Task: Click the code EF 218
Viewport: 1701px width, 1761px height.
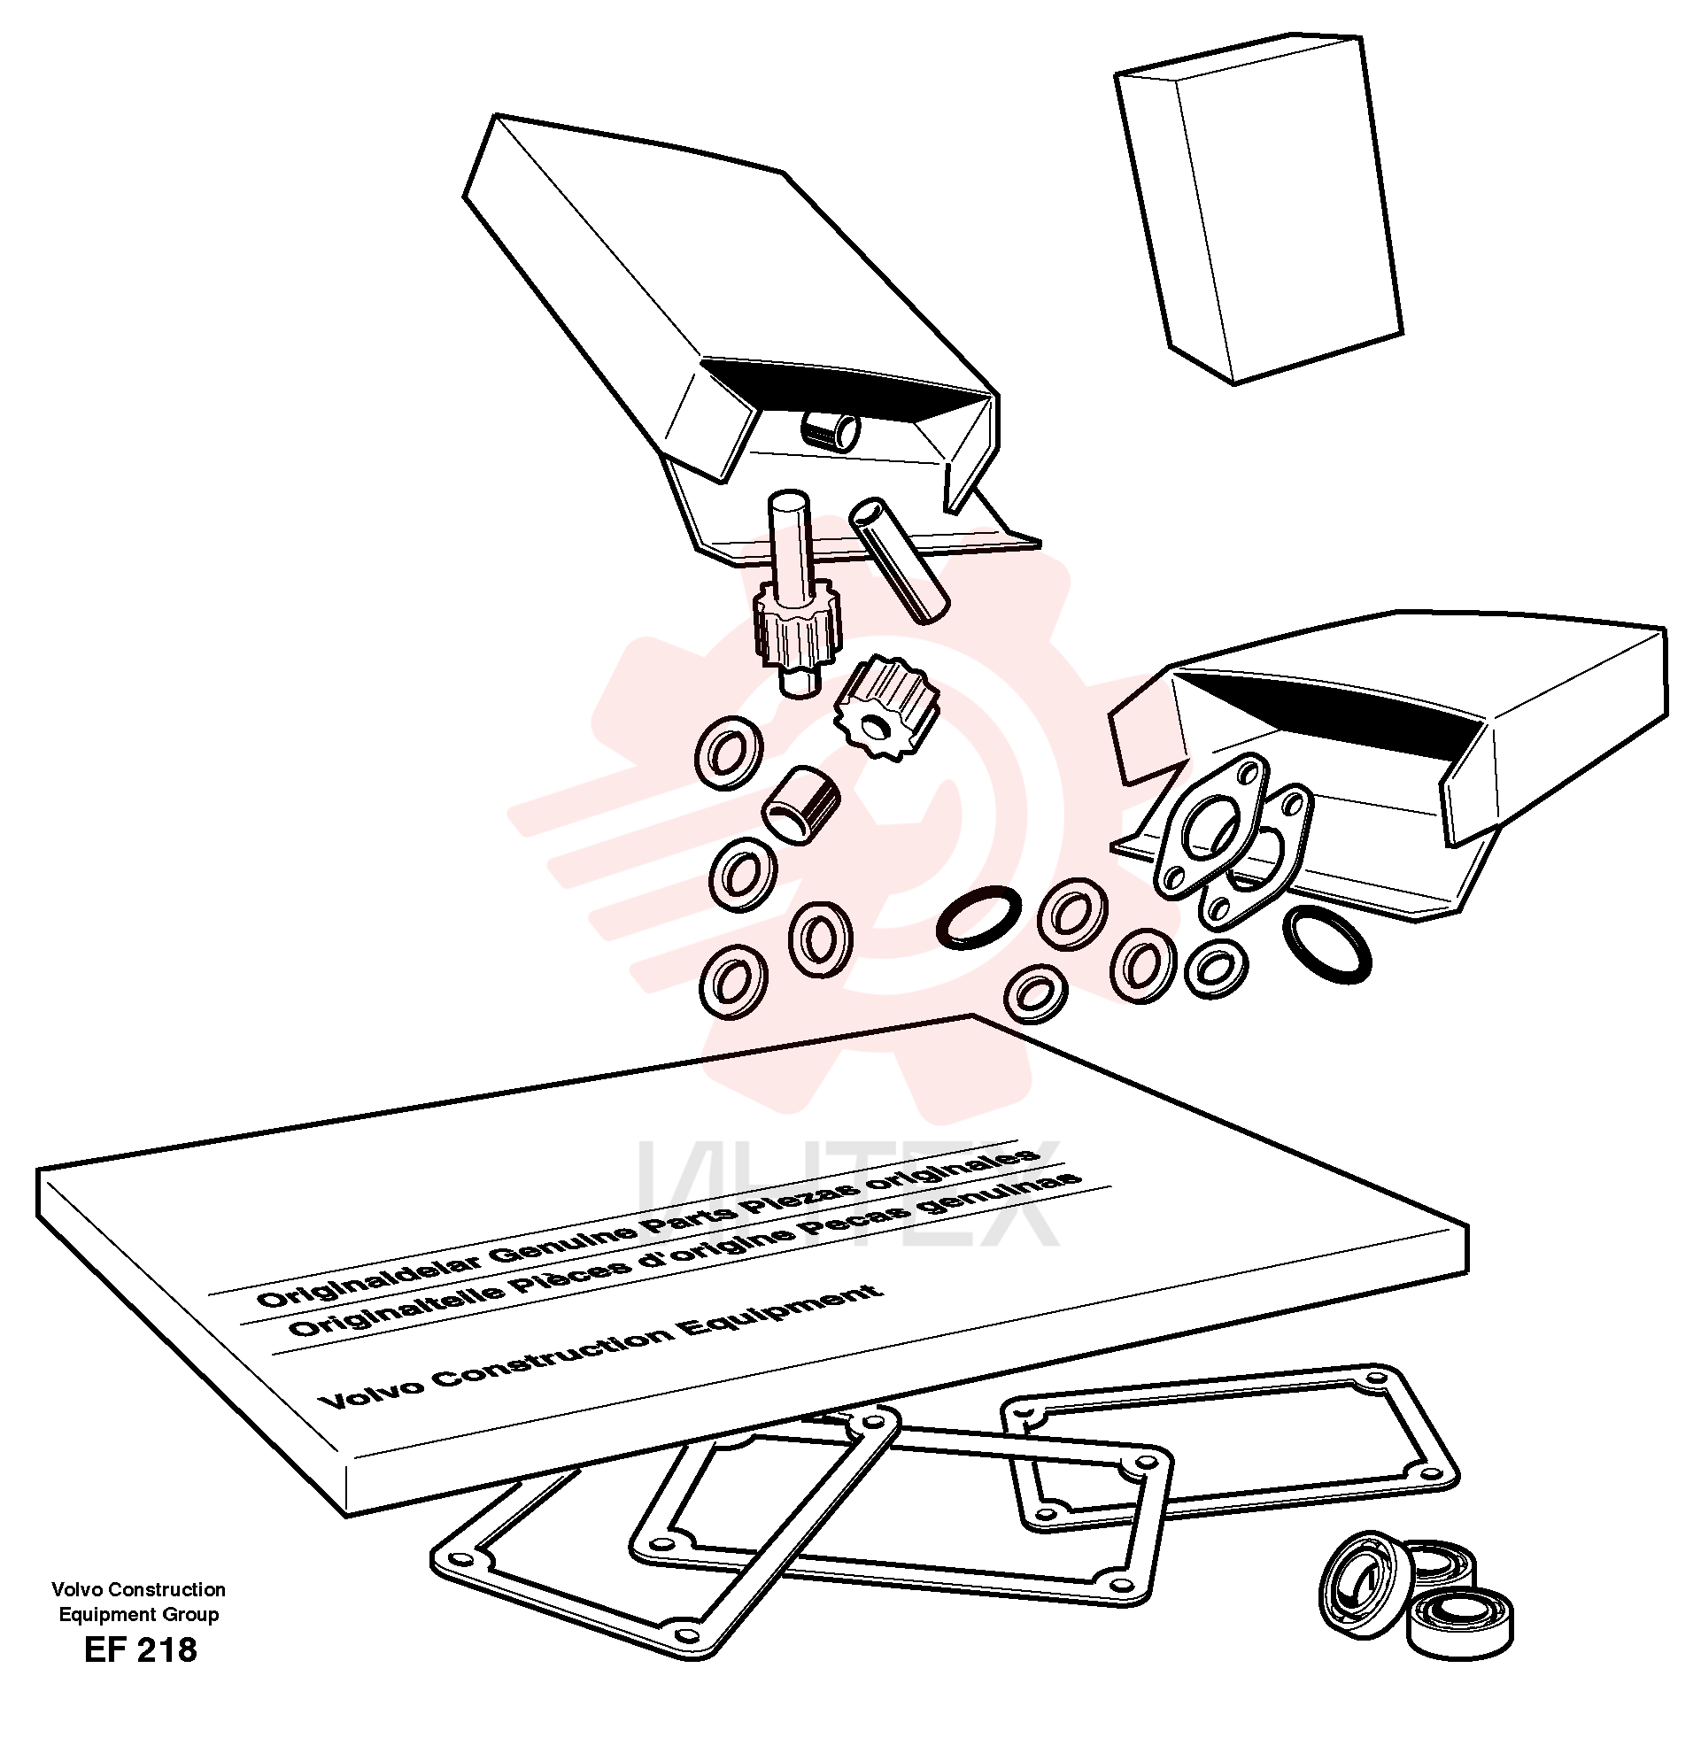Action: click(x=140, y=1649)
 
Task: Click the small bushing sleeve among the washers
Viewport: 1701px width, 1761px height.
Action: click(x=800, y=803)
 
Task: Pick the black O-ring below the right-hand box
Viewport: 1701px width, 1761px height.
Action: click(x=1326, y=944)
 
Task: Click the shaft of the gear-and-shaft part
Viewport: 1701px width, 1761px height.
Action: click(x=791, y=545)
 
